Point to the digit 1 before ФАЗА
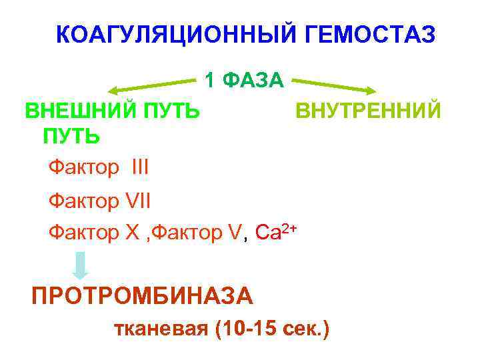coord(210,81)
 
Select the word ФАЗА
coord(255,81)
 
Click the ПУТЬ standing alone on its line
coord(71,136)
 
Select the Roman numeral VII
coord(139,199)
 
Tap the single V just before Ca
coord(233,231)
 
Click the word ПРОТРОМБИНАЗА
coord(143,295)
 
